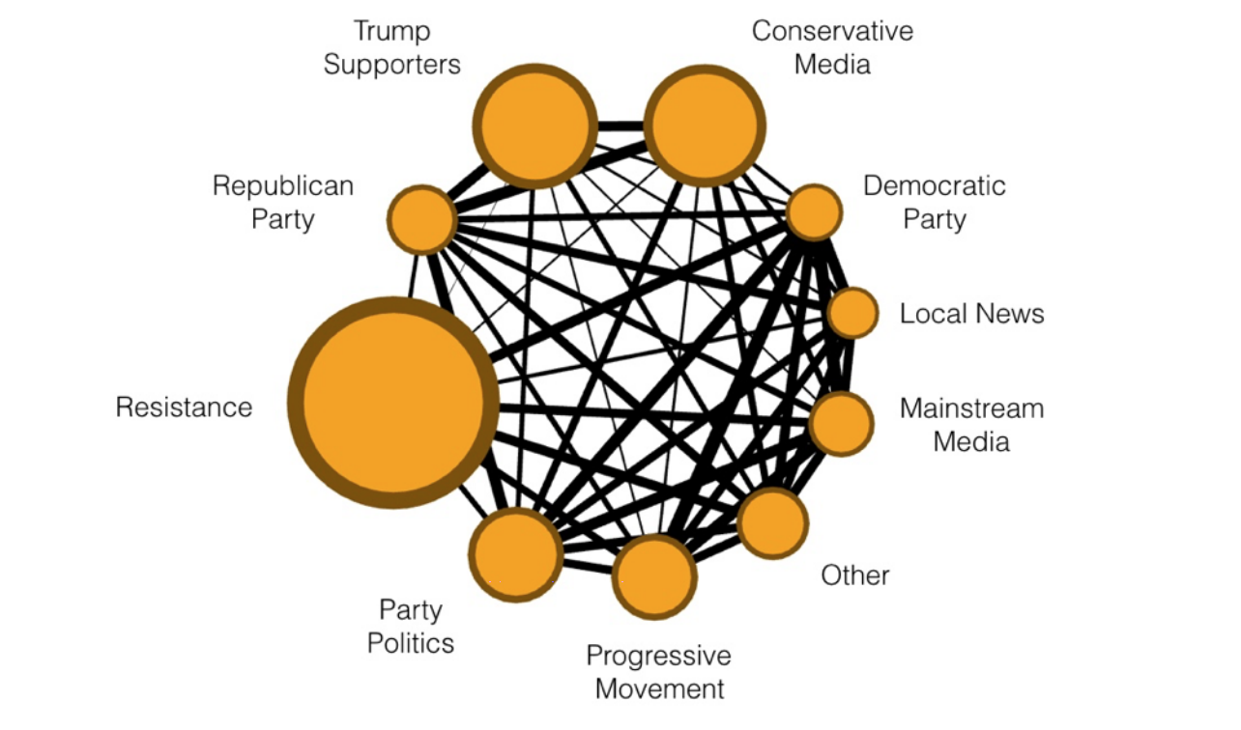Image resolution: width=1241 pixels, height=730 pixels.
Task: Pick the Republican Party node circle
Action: pos(422,219)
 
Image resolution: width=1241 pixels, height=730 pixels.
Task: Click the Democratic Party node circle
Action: pos(814,212)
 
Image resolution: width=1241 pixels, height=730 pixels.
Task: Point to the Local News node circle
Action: pos(853,313)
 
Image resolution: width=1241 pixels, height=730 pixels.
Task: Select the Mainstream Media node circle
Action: pos(841,423)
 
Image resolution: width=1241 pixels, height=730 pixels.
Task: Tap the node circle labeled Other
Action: pos(772,522)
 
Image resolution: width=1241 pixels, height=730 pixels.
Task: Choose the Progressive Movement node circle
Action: pos(654,576)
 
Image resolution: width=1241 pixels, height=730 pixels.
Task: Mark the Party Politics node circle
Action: pos(516,554)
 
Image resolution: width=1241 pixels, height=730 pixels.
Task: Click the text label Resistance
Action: pos(184,407)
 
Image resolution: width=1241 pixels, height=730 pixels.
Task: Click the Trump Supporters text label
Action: pos(391,47)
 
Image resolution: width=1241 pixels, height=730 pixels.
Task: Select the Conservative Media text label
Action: pos(832,47)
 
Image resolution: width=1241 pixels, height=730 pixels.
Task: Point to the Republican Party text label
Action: pos(283,202)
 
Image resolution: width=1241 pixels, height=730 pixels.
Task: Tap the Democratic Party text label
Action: pos(934,202)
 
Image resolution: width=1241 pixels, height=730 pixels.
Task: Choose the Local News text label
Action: pos(971,314)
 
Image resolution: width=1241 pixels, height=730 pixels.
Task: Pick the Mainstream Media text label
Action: pos(971,425)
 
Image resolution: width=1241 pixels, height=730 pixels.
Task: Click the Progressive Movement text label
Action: pos(658,673)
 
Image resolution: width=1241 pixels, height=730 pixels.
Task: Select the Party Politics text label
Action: pos(411,626)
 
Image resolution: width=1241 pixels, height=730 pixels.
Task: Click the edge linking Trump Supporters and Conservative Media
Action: pos(620,126)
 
